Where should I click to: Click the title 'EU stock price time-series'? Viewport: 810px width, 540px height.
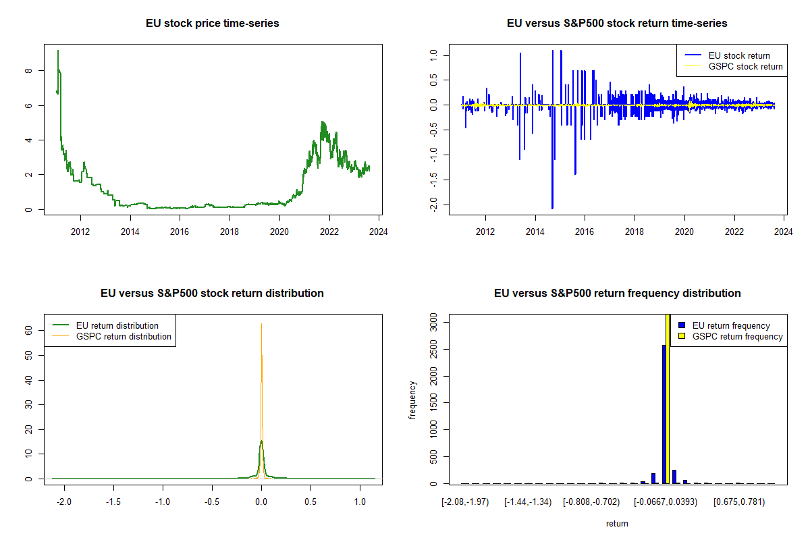click(213, 24)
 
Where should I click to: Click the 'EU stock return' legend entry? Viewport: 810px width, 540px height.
click(739, 55)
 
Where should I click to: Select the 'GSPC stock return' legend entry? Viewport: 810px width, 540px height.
click(745, 66)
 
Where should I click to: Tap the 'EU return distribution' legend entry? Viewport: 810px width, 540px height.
click(117, 325)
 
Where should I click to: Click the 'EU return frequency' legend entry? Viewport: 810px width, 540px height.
click(731, 325)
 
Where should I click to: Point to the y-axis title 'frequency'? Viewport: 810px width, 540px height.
click(413, 400)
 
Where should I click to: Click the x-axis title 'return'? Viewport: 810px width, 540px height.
click(617, 523)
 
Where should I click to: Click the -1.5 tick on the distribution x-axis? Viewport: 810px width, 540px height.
click(113, 502)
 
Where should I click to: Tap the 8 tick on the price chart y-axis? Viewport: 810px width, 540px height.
click(28, 70)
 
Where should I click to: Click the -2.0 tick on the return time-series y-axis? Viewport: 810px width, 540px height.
click(434, 205)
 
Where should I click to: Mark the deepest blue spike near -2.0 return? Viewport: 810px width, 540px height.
click(552, 207)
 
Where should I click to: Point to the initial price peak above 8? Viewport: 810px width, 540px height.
click(58, 51)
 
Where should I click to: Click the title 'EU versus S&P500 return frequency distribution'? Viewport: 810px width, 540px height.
click(617, 294)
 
